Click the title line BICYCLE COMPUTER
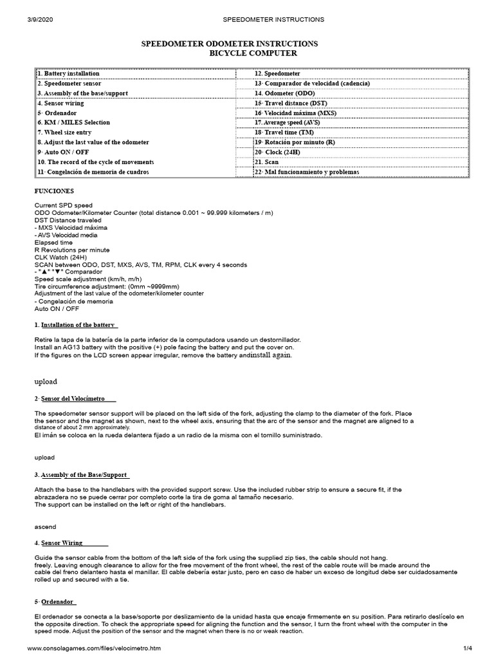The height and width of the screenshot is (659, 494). click(253, 53)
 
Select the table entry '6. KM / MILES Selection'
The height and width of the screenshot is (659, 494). click(73, 122)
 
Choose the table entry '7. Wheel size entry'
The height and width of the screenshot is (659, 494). click(68, 132)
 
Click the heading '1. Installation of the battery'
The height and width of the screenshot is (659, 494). click(76, 324)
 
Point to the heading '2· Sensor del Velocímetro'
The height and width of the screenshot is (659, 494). click(75, 399)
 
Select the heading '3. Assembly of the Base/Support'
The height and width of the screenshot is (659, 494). click(82, 474)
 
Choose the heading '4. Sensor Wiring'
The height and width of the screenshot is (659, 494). click(71, 543)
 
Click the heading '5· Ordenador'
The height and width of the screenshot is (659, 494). click(55, 602)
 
